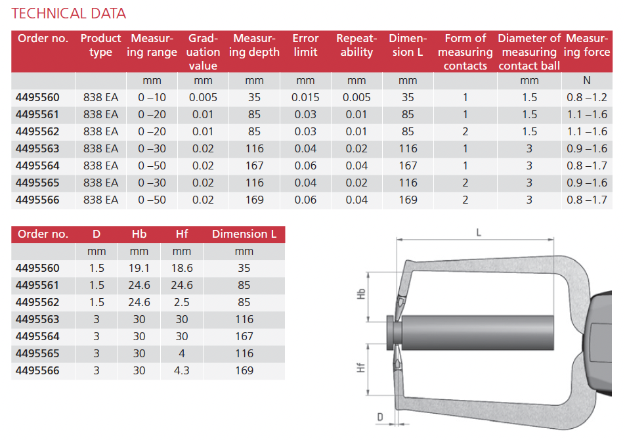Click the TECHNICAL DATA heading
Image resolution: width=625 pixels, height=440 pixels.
[68, 14]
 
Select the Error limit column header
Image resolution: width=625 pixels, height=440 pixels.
[305, 45]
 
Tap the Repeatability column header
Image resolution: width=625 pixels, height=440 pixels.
[356, 45]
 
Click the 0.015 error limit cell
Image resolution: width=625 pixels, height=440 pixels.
[305, 97]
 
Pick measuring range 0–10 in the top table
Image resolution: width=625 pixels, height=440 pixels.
[152, 97]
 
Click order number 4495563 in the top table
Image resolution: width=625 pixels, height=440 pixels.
[37, 148]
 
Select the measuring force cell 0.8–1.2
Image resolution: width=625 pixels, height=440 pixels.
[587, 97]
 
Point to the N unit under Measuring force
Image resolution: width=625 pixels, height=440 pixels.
[587, 81]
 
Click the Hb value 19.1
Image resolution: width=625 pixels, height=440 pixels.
[139, 268]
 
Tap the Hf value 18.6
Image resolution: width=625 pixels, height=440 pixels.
[182, 268]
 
